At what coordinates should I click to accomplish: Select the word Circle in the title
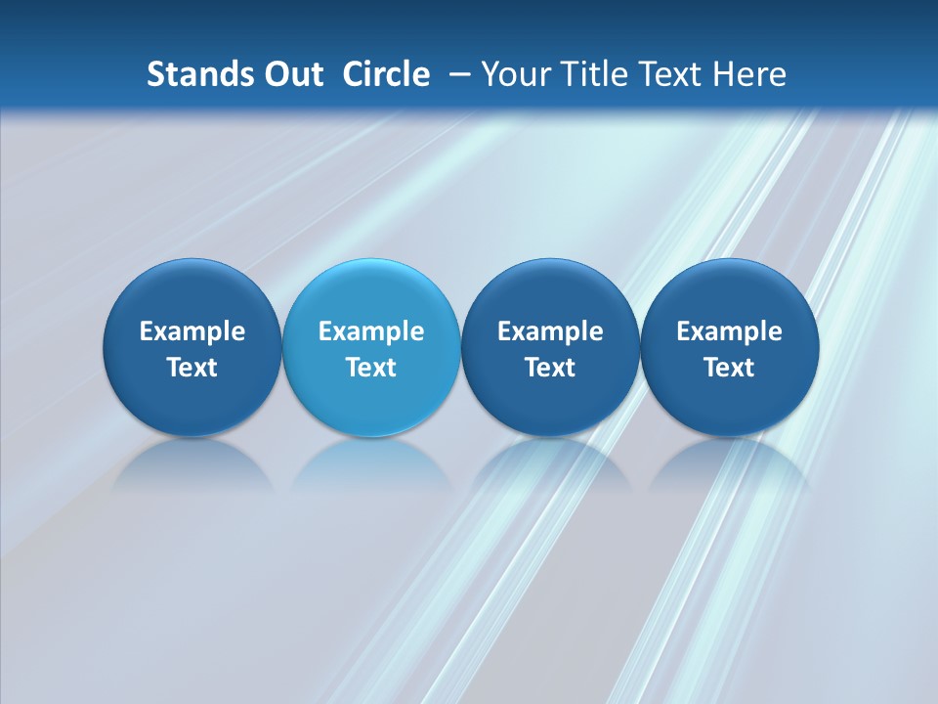coord(386,74)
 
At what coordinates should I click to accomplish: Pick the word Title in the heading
coord(591,74)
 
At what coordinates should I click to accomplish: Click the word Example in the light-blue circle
coord(371,331)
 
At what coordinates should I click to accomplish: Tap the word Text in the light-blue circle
coord(371,368)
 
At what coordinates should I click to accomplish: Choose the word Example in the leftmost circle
coord(192,331)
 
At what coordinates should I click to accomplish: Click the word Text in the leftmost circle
coord(192,368)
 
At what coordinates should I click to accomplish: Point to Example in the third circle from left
coord(550,331)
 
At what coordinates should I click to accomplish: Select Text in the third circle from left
coord(550,368)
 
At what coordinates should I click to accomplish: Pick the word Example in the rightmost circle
coord(730,331)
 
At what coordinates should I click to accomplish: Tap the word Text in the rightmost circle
coord(730,368)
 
